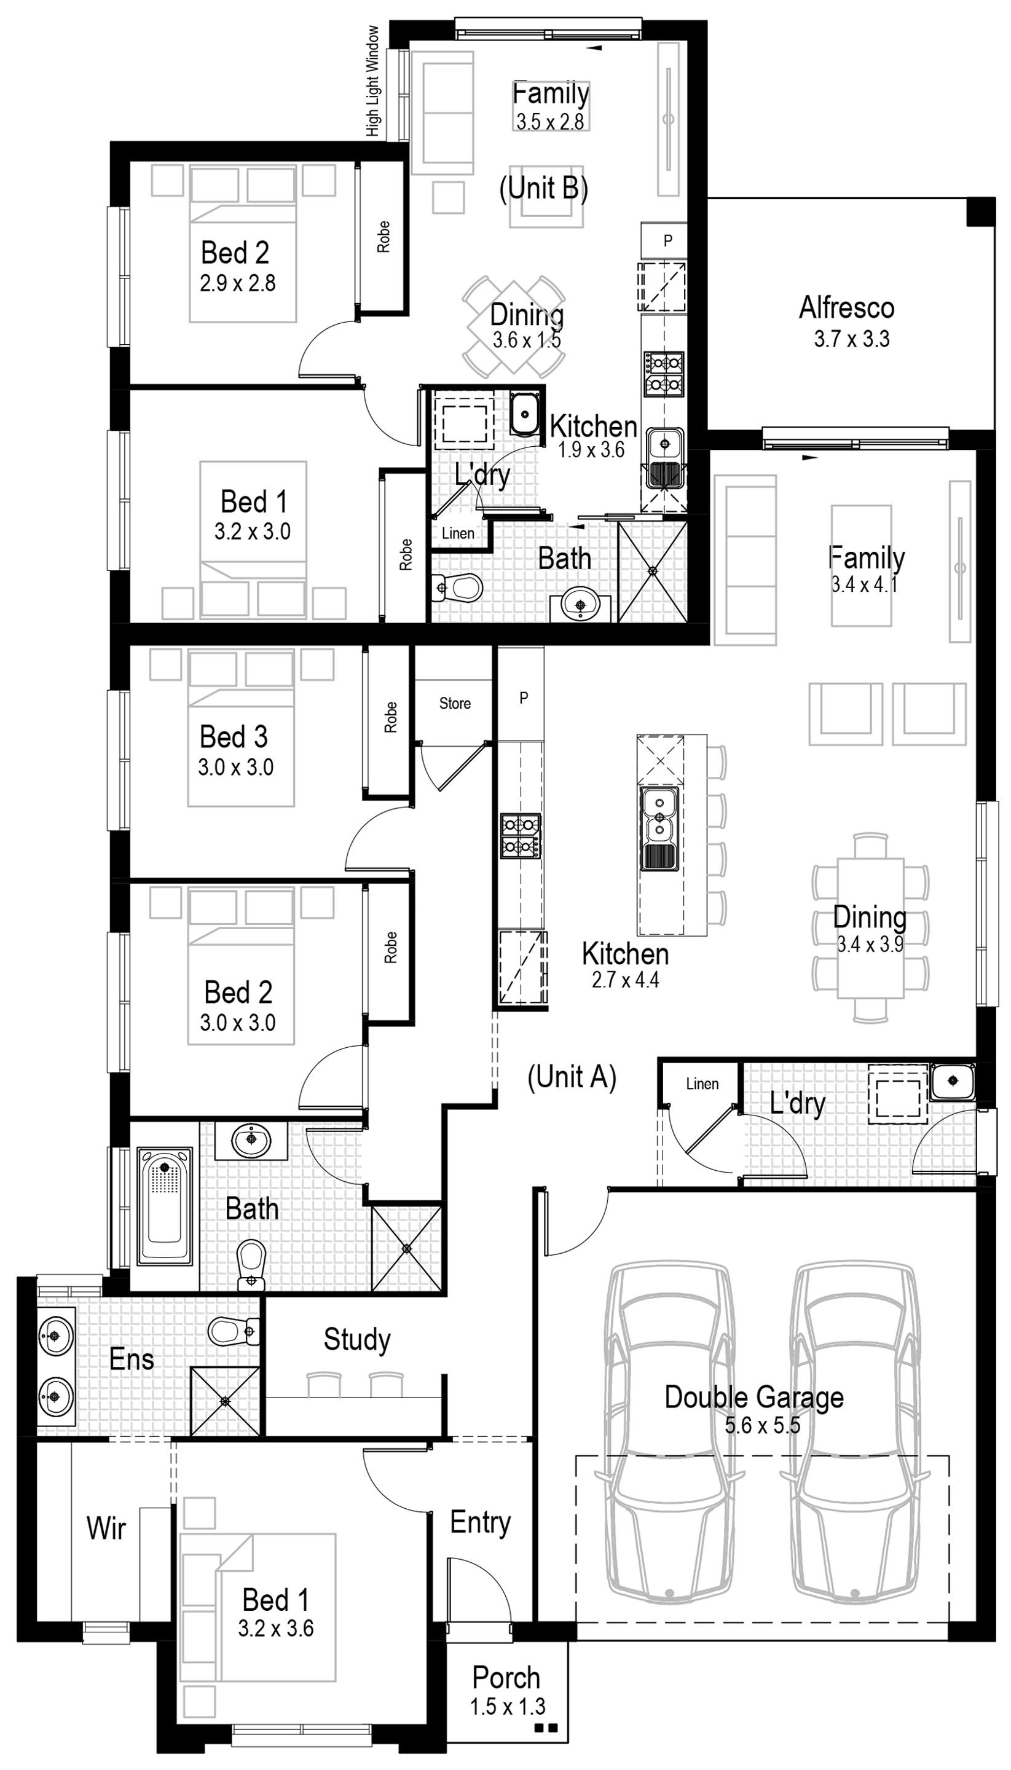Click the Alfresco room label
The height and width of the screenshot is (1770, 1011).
pyautogui.click(x=846, y=308)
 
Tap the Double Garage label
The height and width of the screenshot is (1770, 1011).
pyautogui.click(x=754, y=1397)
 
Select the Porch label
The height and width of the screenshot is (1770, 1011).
pyautogui.click(x=506, y=1677)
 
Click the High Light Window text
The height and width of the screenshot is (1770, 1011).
pyautogui.click(x=374, y=81)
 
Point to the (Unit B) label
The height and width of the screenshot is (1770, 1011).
pyautogui.click(x=544, y=187)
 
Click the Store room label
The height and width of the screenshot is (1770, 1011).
pyautogui.click(x=455, y=704)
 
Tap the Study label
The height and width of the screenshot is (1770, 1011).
pyautogui.click(x=357, y=1339)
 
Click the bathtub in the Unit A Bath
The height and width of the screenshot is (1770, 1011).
pyautogui.click(x=166, y=1205)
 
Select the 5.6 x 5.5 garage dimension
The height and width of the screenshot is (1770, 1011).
pyautogui.click(x=763, y=1426)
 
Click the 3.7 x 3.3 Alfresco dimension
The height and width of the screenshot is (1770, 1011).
pyautogui.click(x=851, y=339)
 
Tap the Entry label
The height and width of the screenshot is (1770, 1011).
pyautogui.click(x=480, y=1522)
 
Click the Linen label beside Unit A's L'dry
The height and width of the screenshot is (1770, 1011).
pyautogui.click(x=702, y=1084)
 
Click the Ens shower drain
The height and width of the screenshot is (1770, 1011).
pyautogui.click(x=224, y=1401)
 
